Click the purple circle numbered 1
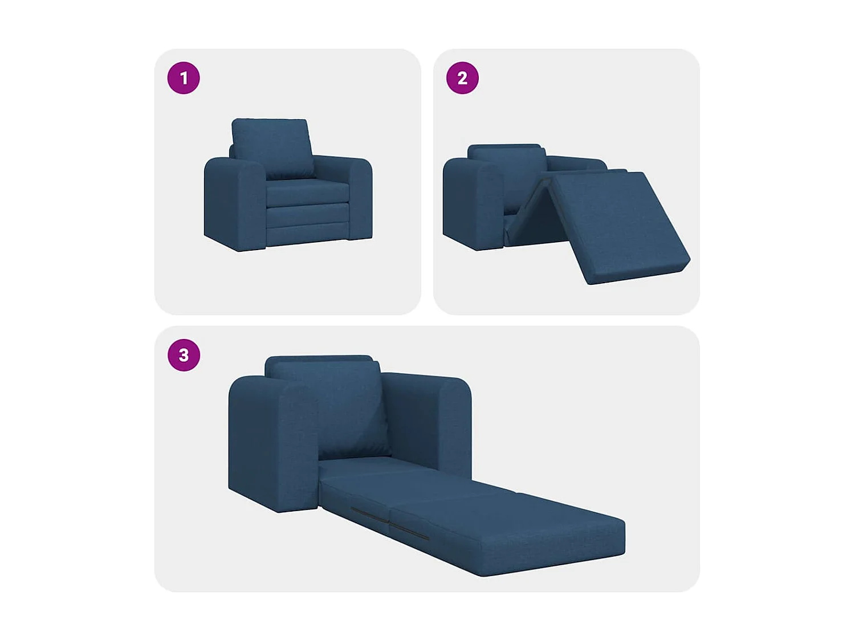(x=184, y=78)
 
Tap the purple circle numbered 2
(x=462, y=78)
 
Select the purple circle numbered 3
(x=184, y=355)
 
